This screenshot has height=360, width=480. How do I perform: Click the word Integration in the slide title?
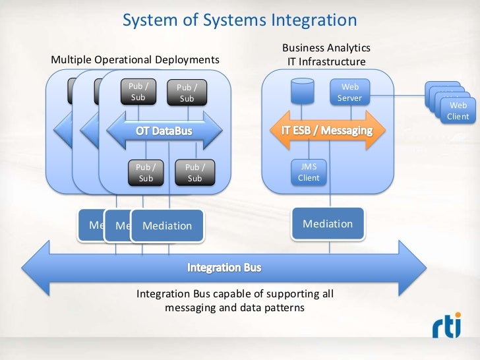313,20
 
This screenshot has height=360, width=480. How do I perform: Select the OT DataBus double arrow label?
164,131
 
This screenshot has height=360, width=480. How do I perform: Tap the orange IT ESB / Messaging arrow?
322,130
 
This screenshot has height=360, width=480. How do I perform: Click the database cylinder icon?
302,91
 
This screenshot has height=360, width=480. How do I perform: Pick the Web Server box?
349,92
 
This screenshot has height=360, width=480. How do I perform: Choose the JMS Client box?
309,173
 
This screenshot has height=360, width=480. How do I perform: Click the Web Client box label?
458,111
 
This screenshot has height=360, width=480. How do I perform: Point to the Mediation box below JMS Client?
328,224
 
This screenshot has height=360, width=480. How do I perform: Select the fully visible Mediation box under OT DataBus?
167,225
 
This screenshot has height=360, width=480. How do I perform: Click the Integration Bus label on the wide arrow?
224,268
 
